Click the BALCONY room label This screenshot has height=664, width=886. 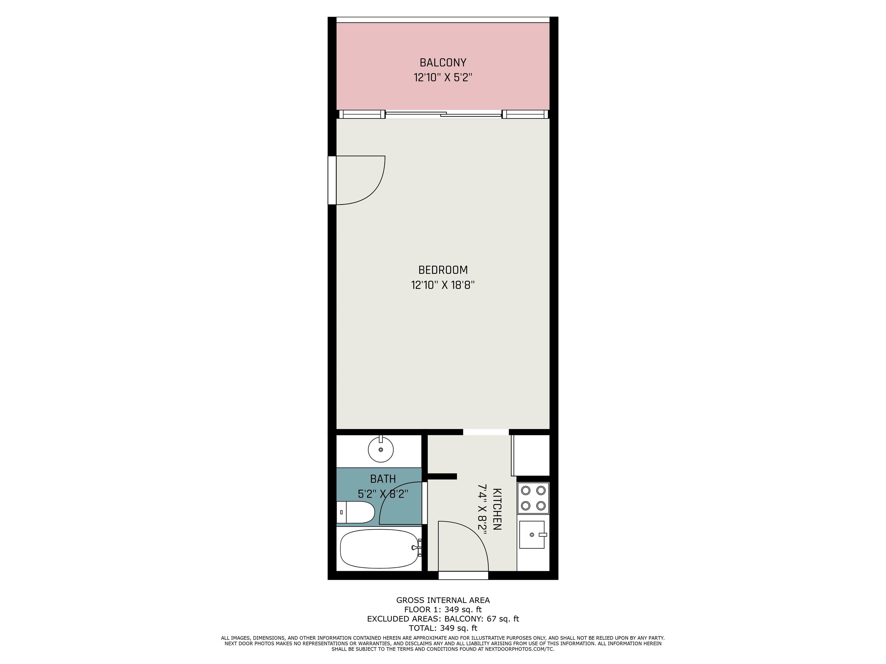[x=443, y=63]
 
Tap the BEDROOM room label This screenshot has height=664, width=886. [x=443, y=270]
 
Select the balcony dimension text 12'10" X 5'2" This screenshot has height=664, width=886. [x=443, y=77]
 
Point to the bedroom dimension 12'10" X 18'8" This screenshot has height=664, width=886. [x=443, y=285]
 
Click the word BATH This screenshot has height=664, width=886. [x=383, y=479]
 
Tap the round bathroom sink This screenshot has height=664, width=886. [x=380, y=449]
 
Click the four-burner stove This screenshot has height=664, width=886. [x=533, y=498]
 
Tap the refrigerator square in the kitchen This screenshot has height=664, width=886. [x=530, y=455]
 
